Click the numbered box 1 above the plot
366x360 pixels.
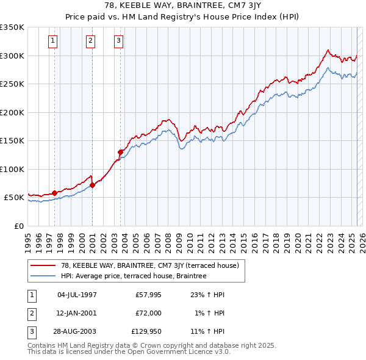tap(53, 41)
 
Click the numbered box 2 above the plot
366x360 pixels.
tap(90, 41)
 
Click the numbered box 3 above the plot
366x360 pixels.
tap(118, 41)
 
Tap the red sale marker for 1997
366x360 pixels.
tap(54, 193)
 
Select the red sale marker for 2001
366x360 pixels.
tap(92, 185)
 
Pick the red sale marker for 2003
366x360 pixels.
tap(120, 152)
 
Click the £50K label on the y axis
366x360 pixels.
tap(13, 198)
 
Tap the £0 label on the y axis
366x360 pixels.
tap(18, 226)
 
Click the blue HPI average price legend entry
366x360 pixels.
tap(134, 276)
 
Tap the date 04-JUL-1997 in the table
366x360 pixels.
tap(77, 295)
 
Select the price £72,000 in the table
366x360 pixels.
tap(148, 313)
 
